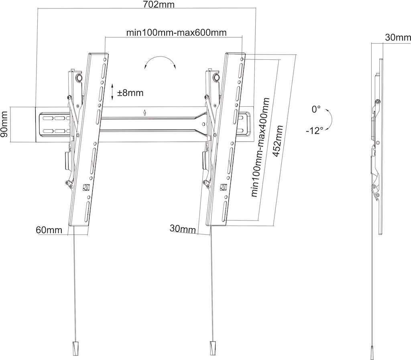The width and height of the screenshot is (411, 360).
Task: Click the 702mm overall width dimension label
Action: pos(159,4)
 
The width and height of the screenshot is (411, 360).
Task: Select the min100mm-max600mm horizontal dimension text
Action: pos(177,33)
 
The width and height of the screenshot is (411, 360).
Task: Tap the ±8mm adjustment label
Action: pos(130,93)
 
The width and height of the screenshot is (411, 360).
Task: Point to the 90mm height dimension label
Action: pos(4,124)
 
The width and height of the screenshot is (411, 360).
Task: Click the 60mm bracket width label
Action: pos(49,230)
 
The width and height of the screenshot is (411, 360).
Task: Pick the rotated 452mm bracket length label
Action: pos(278,141)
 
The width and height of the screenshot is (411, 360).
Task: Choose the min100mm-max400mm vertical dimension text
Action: pos(260,147)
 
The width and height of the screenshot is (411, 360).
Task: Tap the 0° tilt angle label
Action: pos(316,109)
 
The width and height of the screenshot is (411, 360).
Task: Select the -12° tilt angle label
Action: pos(314,130)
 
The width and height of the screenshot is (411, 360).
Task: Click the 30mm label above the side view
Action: pos(398,38)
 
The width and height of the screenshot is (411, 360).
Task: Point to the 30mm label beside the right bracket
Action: pos(183,229)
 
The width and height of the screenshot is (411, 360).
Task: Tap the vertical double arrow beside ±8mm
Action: pos(112,92)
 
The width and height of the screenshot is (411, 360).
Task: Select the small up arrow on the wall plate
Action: pos(144,113)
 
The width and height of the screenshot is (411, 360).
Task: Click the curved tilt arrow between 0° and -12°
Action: pos(330,118)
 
